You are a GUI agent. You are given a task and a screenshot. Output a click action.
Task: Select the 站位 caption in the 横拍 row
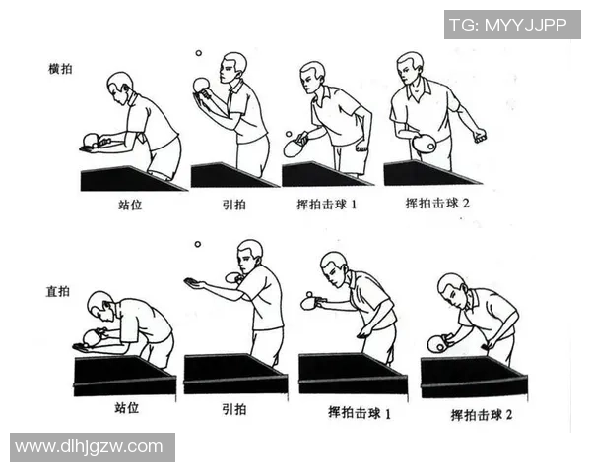131,206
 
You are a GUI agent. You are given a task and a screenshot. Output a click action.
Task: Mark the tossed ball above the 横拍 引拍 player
198,54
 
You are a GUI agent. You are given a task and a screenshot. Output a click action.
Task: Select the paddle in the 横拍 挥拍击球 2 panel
425,144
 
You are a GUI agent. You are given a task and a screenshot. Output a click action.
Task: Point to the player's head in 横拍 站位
119,83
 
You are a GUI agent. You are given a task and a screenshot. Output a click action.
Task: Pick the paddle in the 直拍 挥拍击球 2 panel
436,343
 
